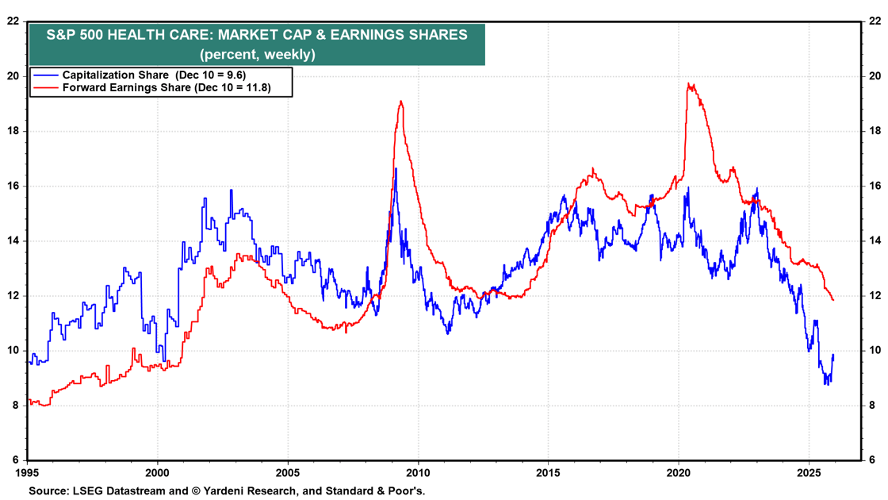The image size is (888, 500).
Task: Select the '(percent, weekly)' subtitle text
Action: coord(257,55)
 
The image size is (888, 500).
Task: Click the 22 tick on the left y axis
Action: coord(13,21)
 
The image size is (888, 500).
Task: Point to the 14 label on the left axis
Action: coord(13,240)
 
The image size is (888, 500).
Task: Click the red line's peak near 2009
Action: coord(401,101)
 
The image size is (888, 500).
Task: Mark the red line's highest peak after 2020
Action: coord(689,83)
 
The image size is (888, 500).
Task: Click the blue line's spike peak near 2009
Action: coord(396,168)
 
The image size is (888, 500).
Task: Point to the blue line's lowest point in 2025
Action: coord(826,384)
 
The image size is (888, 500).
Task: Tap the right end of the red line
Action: coord(833,300)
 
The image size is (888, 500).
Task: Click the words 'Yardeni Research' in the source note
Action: coord(245,491)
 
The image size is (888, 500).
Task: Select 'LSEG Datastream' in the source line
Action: coord(114,491)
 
